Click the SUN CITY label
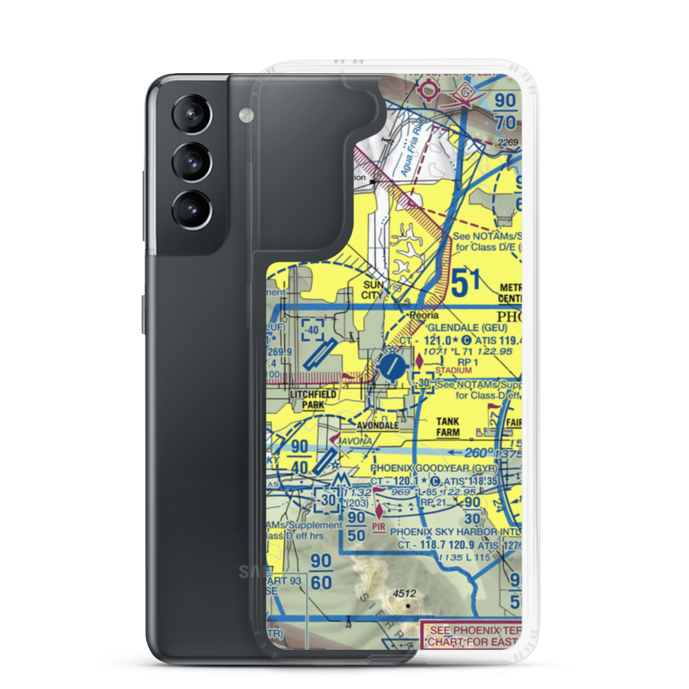(x=376, y=290)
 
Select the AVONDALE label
(x=377, y=426)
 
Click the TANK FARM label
(x=448, y=427)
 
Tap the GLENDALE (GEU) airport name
(x=467, y=328)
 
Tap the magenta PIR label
(x=379, y=526)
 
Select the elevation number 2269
(x=509, y=142)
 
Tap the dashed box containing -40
(x=313, y=330)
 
